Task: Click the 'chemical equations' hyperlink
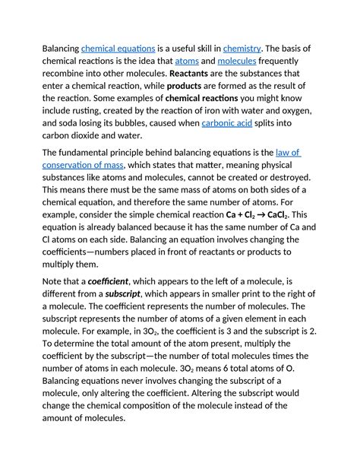[118, 49]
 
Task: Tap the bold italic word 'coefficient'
[106, 281]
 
